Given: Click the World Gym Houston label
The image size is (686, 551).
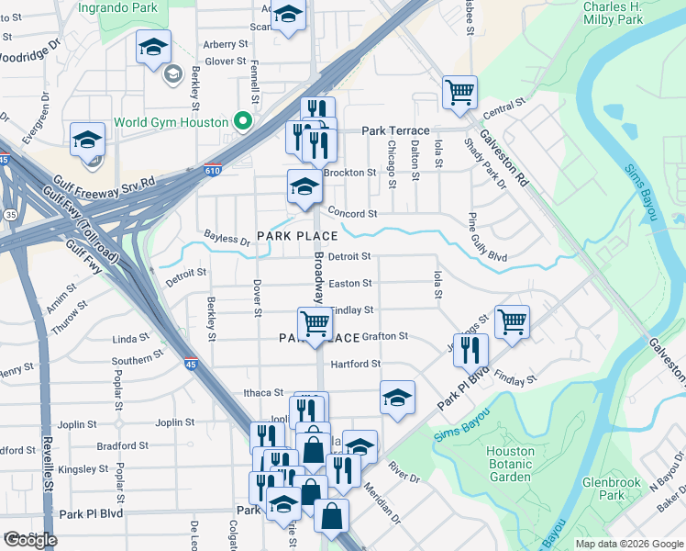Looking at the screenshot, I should pos(171,122).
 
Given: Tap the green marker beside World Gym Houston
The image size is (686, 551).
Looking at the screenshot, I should pos(242,121).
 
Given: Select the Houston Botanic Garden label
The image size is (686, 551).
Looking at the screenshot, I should pos(510,464).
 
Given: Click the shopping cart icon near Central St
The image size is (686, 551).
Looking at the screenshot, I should pos(459,92).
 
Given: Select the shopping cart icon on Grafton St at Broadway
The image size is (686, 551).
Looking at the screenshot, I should pos(315,324).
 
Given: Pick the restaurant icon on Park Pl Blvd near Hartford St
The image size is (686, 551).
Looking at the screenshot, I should pos(470,350).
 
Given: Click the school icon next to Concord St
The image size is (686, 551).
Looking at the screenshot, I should pos(304,187).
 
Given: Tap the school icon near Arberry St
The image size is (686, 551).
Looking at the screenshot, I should pos(153,47).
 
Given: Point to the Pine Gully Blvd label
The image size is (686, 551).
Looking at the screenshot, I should pos(487,237).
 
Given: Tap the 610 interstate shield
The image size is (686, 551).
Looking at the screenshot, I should pos(213,170).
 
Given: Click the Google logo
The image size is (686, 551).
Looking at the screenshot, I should pos(31,540).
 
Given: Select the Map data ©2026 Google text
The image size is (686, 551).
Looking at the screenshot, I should pos(629,544).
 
